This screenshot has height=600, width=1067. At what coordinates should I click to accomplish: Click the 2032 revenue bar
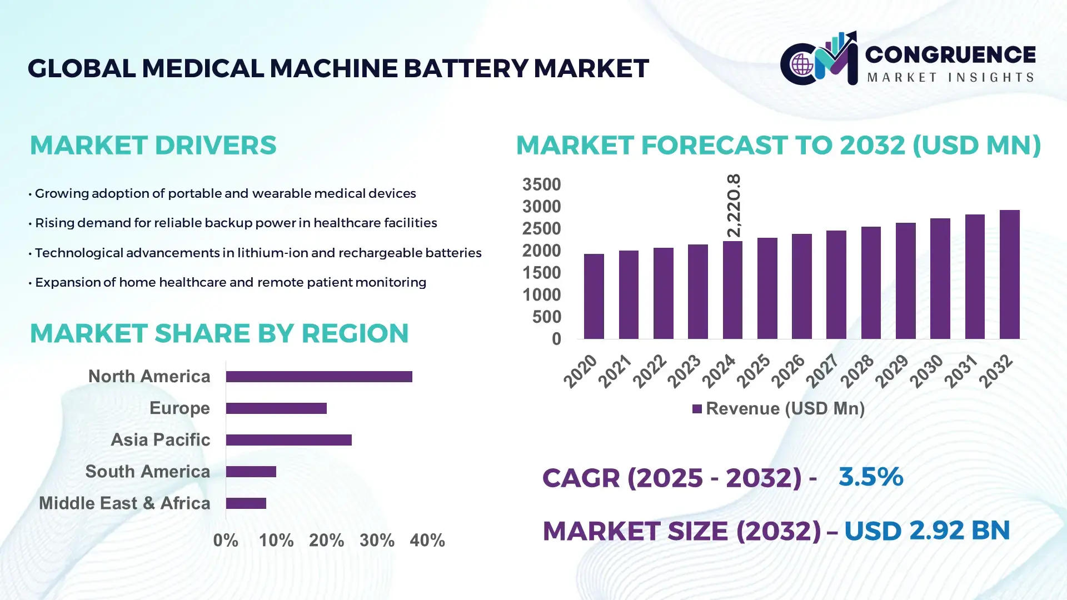1009,274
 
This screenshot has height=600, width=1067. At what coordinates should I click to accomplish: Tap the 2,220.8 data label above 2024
734,206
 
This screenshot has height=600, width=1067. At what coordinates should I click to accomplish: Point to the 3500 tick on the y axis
541,184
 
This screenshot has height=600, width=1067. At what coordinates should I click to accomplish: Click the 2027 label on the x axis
822,371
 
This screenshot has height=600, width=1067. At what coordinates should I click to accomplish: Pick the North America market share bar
319,377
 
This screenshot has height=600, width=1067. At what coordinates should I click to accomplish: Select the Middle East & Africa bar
246,503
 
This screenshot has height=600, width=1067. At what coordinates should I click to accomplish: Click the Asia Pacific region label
160,439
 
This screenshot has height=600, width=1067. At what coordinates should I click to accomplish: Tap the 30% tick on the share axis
377,540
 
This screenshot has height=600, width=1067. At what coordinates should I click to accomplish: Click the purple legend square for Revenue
697,409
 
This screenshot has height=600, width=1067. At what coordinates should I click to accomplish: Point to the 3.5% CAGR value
870,477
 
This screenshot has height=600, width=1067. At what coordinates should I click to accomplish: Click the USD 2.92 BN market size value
926,531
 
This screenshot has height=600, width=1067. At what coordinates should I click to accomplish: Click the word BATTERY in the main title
465,68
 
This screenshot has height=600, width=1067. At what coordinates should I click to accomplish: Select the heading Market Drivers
153,145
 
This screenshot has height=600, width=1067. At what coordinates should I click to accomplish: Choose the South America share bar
251,472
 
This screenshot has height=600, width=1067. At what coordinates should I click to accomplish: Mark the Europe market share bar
276,408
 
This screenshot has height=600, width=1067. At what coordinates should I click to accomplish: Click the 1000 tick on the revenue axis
541,295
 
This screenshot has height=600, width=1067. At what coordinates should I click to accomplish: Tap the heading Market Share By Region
219,333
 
